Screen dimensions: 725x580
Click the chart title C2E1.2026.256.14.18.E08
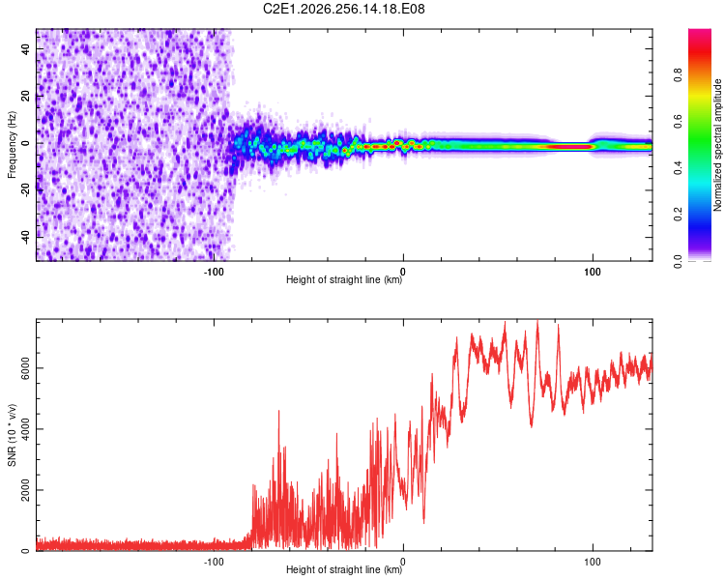(x=343, y=9)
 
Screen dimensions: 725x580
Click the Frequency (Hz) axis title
(x=12, y=145)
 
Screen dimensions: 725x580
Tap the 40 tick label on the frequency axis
(x=26, y=48)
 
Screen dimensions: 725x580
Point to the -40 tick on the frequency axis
(x=26, y=236)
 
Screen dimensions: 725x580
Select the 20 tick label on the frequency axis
(x=26, y=96)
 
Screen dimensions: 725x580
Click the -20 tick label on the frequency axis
(x=26, y=189)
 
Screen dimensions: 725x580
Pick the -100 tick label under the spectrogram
(x=214, y=272)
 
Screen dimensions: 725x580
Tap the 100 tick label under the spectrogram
(x=593, y=272)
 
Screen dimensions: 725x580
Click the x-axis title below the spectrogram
(x=344, y=279)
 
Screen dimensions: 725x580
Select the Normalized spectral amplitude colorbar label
(x=717, y=145)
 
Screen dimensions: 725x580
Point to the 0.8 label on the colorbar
(x=678, y=75)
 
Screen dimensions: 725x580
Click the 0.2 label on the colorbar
(x=678, y=215)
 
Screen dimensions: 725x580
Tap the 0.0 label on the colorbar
(x=678, y=261)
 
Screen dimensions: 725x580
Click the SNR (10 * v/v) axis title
(x=12, y=435)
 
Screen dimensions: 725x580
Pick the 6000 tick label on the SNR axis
(x=26, y=368)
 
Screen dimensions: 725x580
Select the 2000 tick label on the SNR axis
(x=26, y=490)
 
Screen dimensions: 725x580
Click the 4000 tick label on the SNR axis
(x=26, y=429)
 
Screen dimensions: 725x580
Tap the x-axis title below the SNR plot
(x=344, y=569)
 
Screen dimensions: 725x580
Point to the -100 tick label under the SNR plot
(x=214, y=562)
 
